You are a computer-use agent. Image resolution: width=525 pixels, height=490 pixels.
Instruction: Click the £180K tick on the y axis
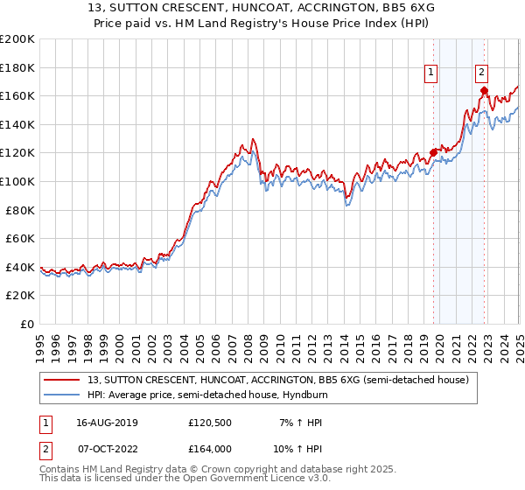tap(18, 67)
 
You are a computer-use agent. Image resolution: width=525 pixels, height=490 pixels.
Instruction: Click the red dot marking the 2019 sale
tap(433, 152)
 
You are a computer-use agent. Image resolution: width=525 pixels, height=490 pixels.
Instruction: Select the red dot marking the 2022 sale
tap(484, 90)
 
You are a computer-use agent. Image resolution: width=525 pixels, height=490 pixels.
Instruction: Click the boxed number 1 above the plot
tap(431, 73)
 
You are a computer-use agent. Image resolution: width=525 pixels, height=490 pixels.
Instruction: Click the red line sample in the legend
tap(62, 380)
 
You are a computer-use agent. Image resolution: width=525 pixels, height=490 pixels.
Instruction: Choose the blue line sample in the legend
tap(62, 395)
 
